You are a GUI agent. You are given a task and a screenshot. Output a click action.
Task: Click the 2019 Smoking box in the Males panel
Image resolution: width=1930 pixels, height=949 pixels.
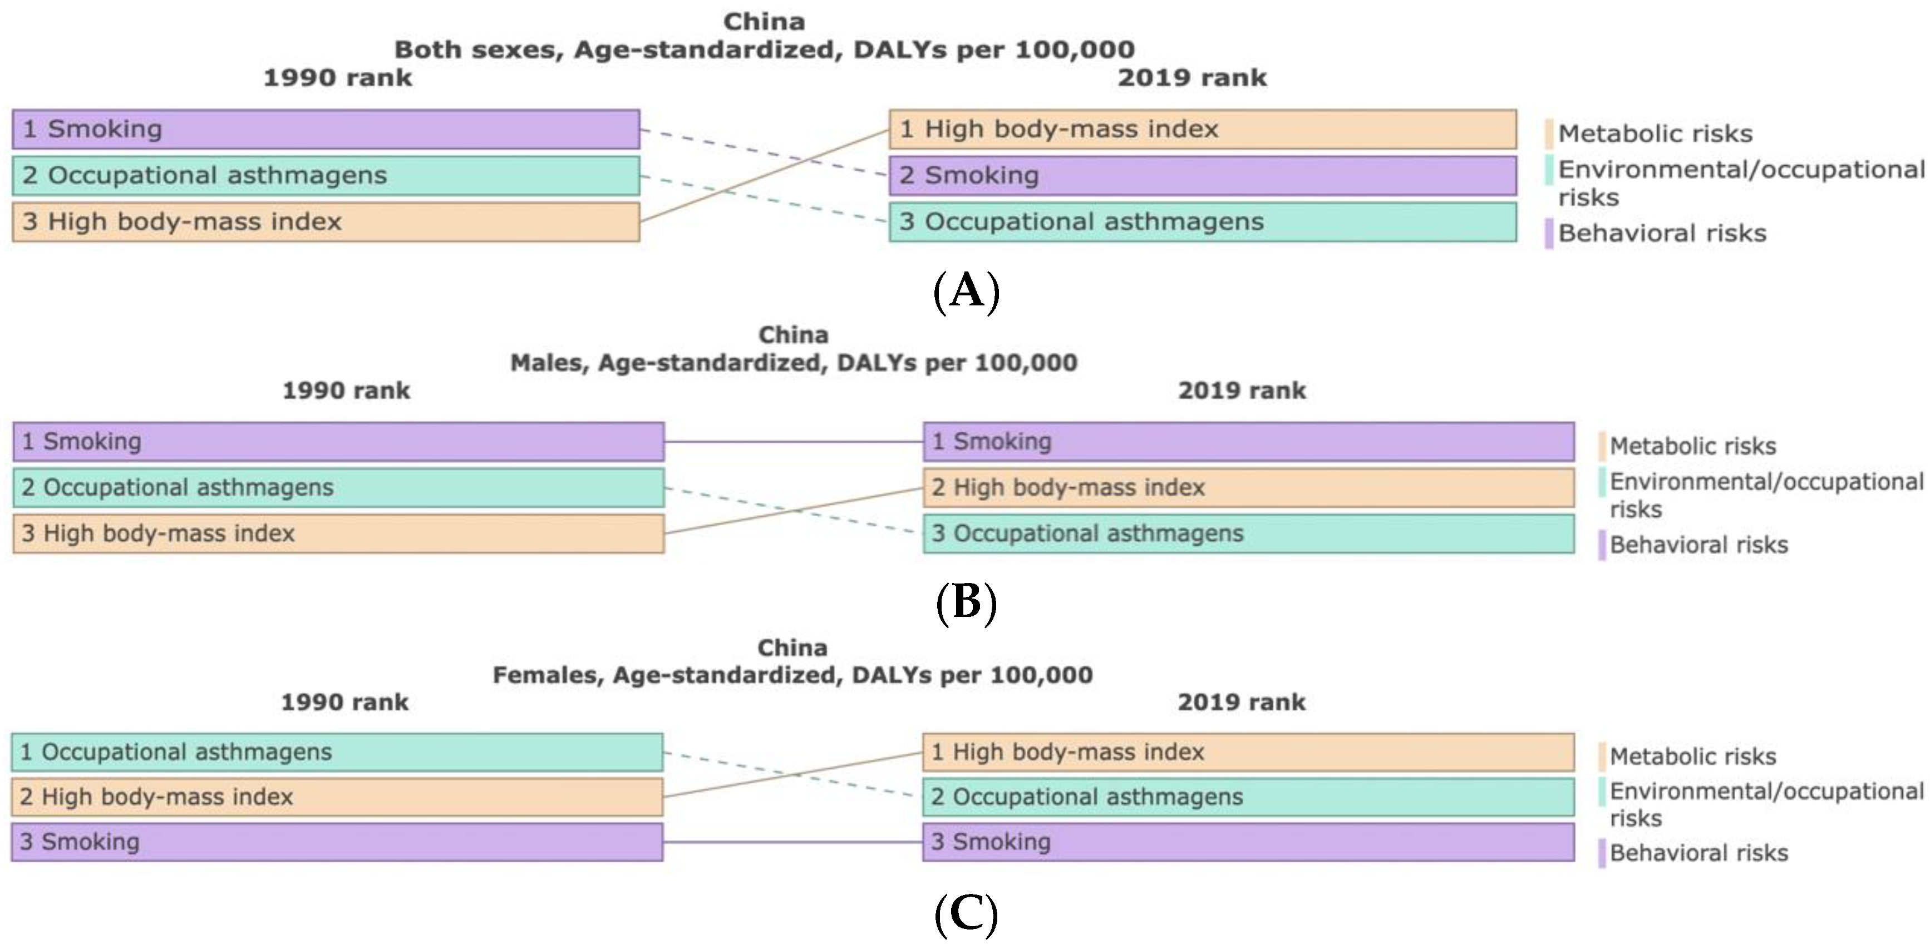[x=1248, y=442]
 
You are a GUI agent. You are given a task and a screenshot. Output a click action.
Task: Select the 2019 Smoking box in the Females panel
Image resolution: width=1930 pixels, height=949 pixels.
[x=1248, y=842]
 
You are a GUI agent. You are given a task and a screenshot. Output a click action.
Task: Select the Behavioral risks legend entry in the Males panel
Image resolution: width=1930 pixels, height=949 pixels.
[x=1698, y=545]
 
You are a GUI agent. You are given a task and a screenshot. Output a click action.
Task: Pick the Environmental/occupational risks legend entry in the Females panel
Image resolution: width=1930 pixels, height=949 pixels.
[x=1765, y=804]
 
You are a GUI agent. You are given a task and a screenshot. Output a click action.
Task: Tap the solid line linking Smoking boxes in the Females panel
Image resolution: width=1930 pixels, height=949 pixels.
[x=792, y=842]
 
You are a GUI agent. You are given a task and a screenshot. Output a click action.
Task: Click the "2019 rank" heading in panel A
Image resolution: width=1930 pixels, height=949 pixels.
[x=1192, y=78]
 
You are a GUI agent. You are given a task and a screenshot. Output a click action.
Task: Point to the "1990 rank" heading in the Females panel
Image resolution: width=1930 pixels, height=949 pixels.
[x=344, y=703]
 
